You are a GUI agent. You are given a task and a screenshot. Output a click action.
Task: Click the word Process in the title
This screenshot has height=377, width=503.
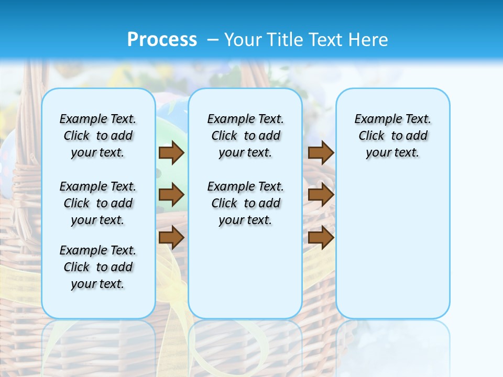tap(162, 39)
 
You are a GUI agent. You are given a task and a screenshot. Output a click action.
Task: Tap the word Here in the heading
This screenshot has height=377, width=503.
tap(369, 39)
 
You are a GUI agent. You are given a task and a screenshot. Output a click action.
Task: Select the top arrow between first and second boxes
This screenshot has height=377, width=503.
tap(171, 152)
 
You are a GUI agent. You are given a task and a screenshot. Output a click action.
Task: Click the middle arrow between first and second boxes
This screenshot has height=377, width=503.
tap(171, 195)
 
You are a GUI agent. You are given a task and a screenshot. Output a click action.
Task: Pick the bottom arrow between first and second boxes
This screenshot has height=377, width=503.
tap(171, 238)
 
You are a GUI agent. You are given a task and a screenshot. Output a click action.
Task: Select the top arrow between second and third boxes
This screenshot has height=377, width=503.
tap(321, 152)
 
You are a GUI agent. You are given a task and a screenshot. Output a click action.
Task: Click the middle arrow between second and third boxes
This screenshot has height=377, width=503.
tap(321, 195)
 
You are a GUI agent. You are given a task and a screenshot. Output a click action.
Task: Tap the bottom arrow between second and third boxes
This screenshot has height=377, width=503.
tap(321, 238)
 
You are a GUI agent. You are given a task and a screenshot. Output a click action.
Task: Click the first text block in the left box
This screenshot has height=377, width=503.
tap(98, 136)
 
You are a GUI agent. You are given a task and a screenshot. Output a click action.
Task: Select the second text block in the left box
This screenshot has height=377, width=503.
tap(98, 203)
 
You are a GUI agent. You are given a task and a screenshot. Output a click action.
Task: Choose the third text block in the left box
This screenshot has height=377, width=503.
tap(98, 267)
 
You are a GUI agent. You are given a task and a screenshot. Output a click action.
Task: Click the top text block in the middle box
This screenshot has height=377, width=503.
tap(245, 136)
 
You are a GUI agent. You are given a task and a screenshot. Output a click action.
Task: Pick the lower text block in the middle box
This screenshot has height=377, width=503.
tap(245, 203)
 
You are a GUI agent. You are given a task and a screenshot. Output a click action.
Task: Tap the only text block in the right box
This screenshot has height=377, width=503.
tap(392, 136)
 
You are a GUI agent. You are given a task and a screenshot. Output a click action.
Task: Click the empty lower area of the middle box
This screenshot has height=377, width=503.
tap(245, 272)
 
